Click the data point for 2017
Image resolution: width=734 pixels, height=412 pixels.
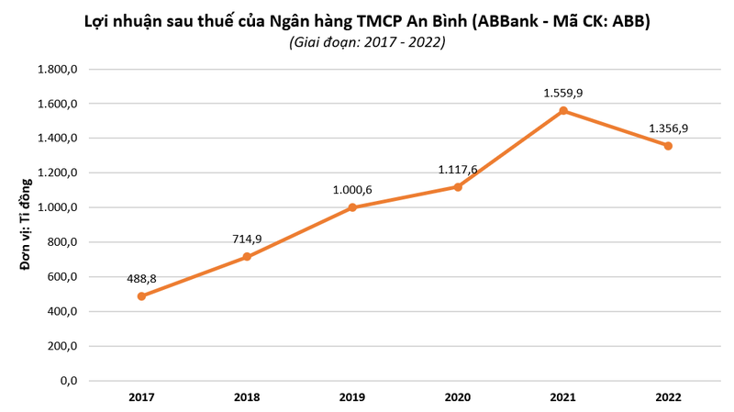point(141,296)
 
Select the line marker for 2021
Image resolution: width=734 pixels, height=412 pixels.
point(563,111)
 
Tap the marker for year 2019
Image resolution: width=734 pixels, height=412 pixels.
point(352,207)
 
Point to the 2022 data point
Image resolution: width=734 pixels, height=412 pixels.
point(669,146)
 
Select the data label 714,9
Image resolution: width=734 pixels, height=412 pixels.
point(248,239)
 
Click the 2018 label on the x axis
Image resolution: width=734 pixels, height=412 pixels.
point(247,397)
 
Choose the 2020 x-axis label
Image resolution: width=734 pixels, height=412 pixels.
point(458,397)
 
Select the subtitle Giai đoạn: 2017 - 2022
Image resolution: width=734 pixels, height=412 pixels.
point(367,42)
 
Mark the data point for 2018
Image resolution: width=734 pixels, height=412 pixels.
point(247,257)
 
